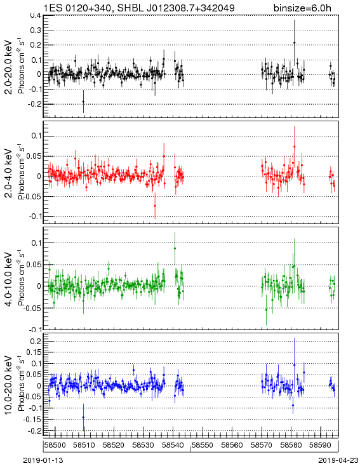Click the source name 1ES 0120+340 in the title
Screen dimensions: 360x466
[x=79, y=8]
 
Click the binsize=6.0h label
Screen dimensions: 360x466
[x=302, y=8]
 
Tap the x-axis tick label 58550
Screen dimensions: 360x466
[x=202, y=445]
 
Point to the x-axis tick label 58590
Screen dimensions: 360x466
[x=320, y=445]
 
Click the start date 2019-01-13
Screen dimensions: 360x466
[x=43, y=460]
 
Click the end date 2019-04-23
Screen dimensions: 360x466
[x=338, y=460]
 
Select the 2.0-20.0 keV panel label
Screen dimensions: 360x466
[x=9, y=67]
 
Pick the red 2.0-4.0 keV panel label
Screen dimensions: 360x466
[x=9, y=173]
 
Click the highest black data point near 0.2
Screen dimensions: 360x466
[x=295, y=43]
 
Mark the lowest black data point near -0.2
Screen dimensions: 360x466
[x=84, y=102]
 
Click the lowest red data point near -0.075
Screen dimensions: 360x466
[x=155, y=206]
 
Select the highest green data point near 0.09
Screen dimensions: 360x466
[x=175, y=248]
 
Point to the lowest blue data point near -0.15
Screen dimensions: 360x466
[x=83, y=418]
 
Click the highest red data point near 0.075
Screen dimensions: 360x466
[x=295, y=147]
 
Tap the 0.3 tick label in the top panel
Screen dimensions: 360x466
[x=36, y=30]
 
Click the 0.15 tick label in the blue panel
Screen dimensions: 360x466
[x=34, y=352]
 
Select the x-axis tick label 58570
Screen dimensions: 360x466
[x=262, y=445]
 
